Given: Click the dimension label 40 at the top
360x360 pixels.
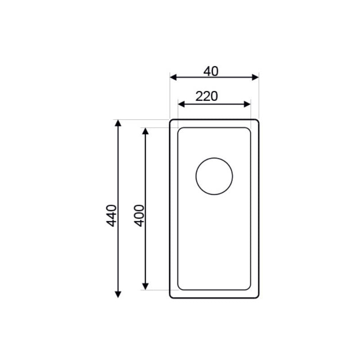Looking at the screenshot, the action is pos(211,72).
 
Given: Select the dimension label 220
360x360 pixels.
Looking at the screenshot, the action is pos(207,96).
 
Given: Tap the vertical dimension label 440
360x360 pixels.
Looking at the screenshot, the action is pos(112,216).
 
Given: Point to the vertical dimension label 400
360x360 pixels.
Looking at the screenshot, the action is pos(139,216).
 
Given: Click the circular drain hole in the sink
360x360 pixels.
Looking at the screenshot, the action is pos(214,176).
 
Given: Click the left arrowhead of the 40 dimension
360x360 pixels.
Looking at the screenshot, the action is pos(173,77).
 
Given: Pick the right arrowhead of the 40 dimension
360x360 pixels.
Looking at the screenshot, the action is pos(255,77).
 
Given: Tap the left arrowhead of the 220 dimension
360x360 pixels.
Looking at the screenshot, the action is pos(181,104).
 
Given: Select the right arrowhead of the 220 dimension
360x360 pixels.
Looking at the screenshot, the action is pos(247,104).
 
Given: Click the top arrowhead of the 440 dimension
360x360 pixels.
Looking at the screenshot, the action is pos(118,123).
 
